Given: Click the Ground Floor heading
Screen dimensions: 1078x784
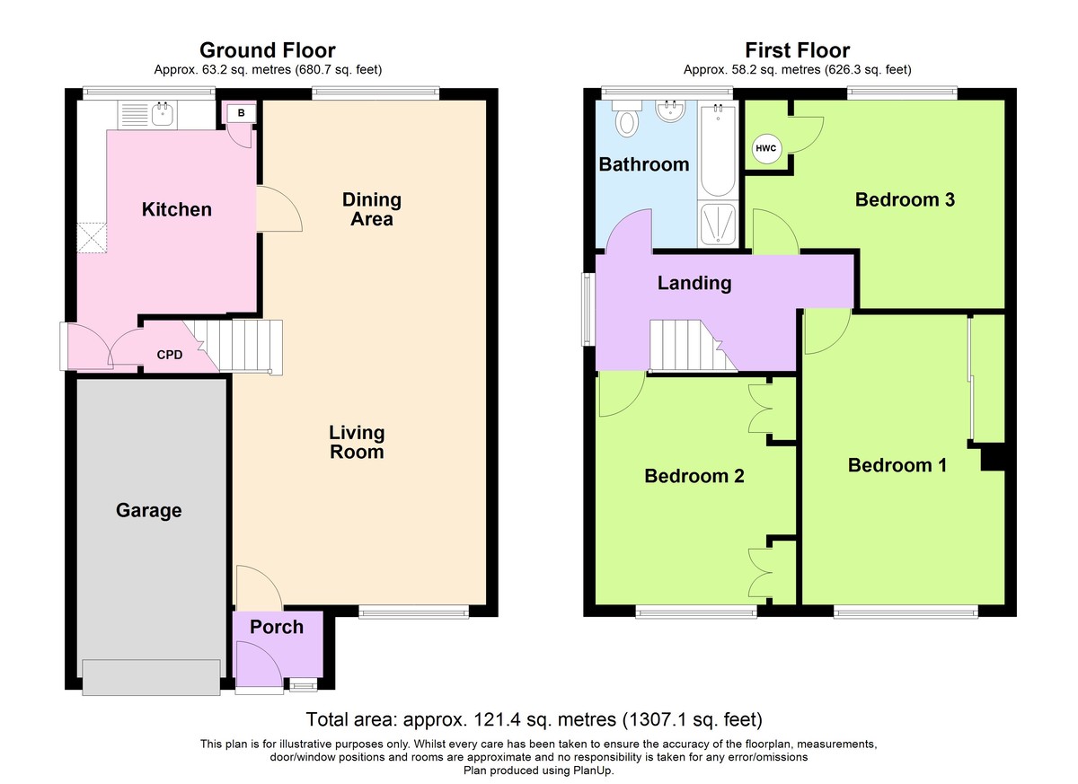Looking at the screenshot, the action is [267, 50].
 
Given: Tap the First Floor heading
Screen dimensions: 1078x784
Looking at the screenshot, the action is [798, 50].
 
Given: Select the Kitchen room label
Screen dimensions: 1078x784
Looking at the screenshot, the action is [177, 210].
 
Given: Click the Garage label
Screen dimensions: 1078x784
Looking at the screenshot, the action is [149, 510].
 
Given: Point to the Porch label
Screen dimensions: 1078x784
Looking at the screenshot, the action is [277, 627].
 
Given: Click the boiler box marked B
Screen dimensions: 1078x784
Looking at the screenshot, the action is [241, 113].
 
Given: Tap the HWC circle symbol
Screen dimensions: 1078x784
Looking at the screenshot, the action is [765, 148].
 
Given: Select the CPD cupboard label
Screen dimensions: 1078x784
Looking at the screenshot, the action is [170, 355].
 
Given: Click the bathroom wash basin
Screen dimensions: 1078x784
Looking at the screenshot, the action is [671, 111].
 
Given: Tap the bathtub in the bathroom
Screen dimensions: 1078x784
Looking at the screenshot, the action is [718, 151].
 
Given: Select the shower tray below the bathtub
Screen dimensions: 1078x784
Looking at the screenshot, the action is [718, 225].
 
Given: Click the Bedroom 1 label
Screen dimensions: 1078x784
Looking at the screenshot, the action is [897, 465].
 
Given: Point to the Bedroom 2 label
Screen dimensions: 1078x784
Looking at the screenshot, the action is [694, 476].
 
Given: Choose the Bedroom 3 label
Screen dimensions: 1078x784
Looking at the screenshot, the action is [905, 199].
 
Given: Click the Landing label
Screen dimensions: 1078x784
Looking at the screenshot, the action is [694, 283].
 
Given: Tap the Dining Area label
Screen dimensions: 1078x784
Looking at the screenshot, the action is [372, 209].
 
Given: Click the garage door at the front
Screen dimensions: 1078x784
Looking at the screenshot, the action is [151, 677].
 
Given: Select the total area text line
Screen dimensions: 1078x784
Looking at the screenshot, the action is [535, 719].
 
